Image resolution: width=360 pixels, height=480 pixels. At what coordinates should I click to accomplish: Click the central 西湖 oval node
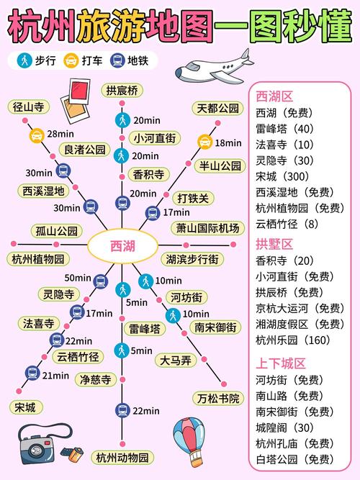[x=122, y=246]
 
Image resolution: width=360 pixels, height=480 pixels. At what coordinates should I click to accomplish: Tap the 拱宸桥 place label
[x=122, y=91]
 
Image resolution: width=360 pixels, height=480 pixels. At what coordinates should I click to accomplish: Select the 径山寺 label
[x=29, y=107]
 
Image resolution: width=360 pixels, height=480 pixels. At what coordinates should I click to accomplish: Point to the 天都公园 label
[x=218, y=109]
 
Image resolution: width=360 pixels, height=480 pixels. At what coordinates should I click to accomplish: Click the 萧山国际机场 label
[x=207, y=228]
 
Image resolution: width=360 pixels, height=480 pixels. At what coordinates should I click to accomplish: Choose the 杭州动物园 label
[x=122, y=458]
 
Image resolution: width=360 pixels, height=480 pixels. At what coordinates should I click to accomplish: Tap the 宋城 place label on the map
[x=25, y=407]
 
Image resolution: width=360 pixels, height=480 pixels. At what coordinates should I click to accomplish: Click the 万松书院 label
[x=218, y=398]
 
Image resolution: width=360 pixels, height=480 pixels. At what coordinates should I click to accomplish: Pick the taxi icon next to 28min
[x=37, y=135]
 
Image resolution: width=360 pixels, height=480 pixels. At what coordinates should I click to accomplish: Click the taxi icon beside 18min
[x=204, y=142]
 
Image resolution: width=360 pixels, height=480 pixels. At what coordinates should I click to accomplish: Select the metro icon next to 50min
[x=101, y=281]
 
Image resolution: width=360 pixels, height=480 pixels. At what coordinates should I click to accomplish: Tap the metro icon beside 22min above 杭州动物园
[x=122, y=410]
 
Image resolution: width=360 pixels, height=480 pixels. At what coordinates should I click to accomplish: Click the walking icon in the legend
[x=24, y=60]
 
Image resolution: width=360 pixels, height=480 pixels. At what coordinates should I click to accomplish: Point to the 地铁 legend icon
[x=117, y=60]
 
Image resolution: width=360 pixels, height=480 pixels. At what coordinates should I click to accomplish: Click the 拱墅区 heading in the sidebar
[x=274, y=244]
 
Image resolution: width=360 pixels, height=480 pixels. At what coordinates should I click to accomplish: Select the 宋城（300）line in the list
[x=282, y=176]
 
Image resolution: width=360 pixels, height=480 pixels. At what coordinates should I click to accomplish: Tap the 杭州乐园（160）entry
[x=293, y=340]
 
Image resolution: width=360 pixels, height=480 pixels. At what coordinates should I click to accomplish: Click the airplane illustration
[x=215, y=68]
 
